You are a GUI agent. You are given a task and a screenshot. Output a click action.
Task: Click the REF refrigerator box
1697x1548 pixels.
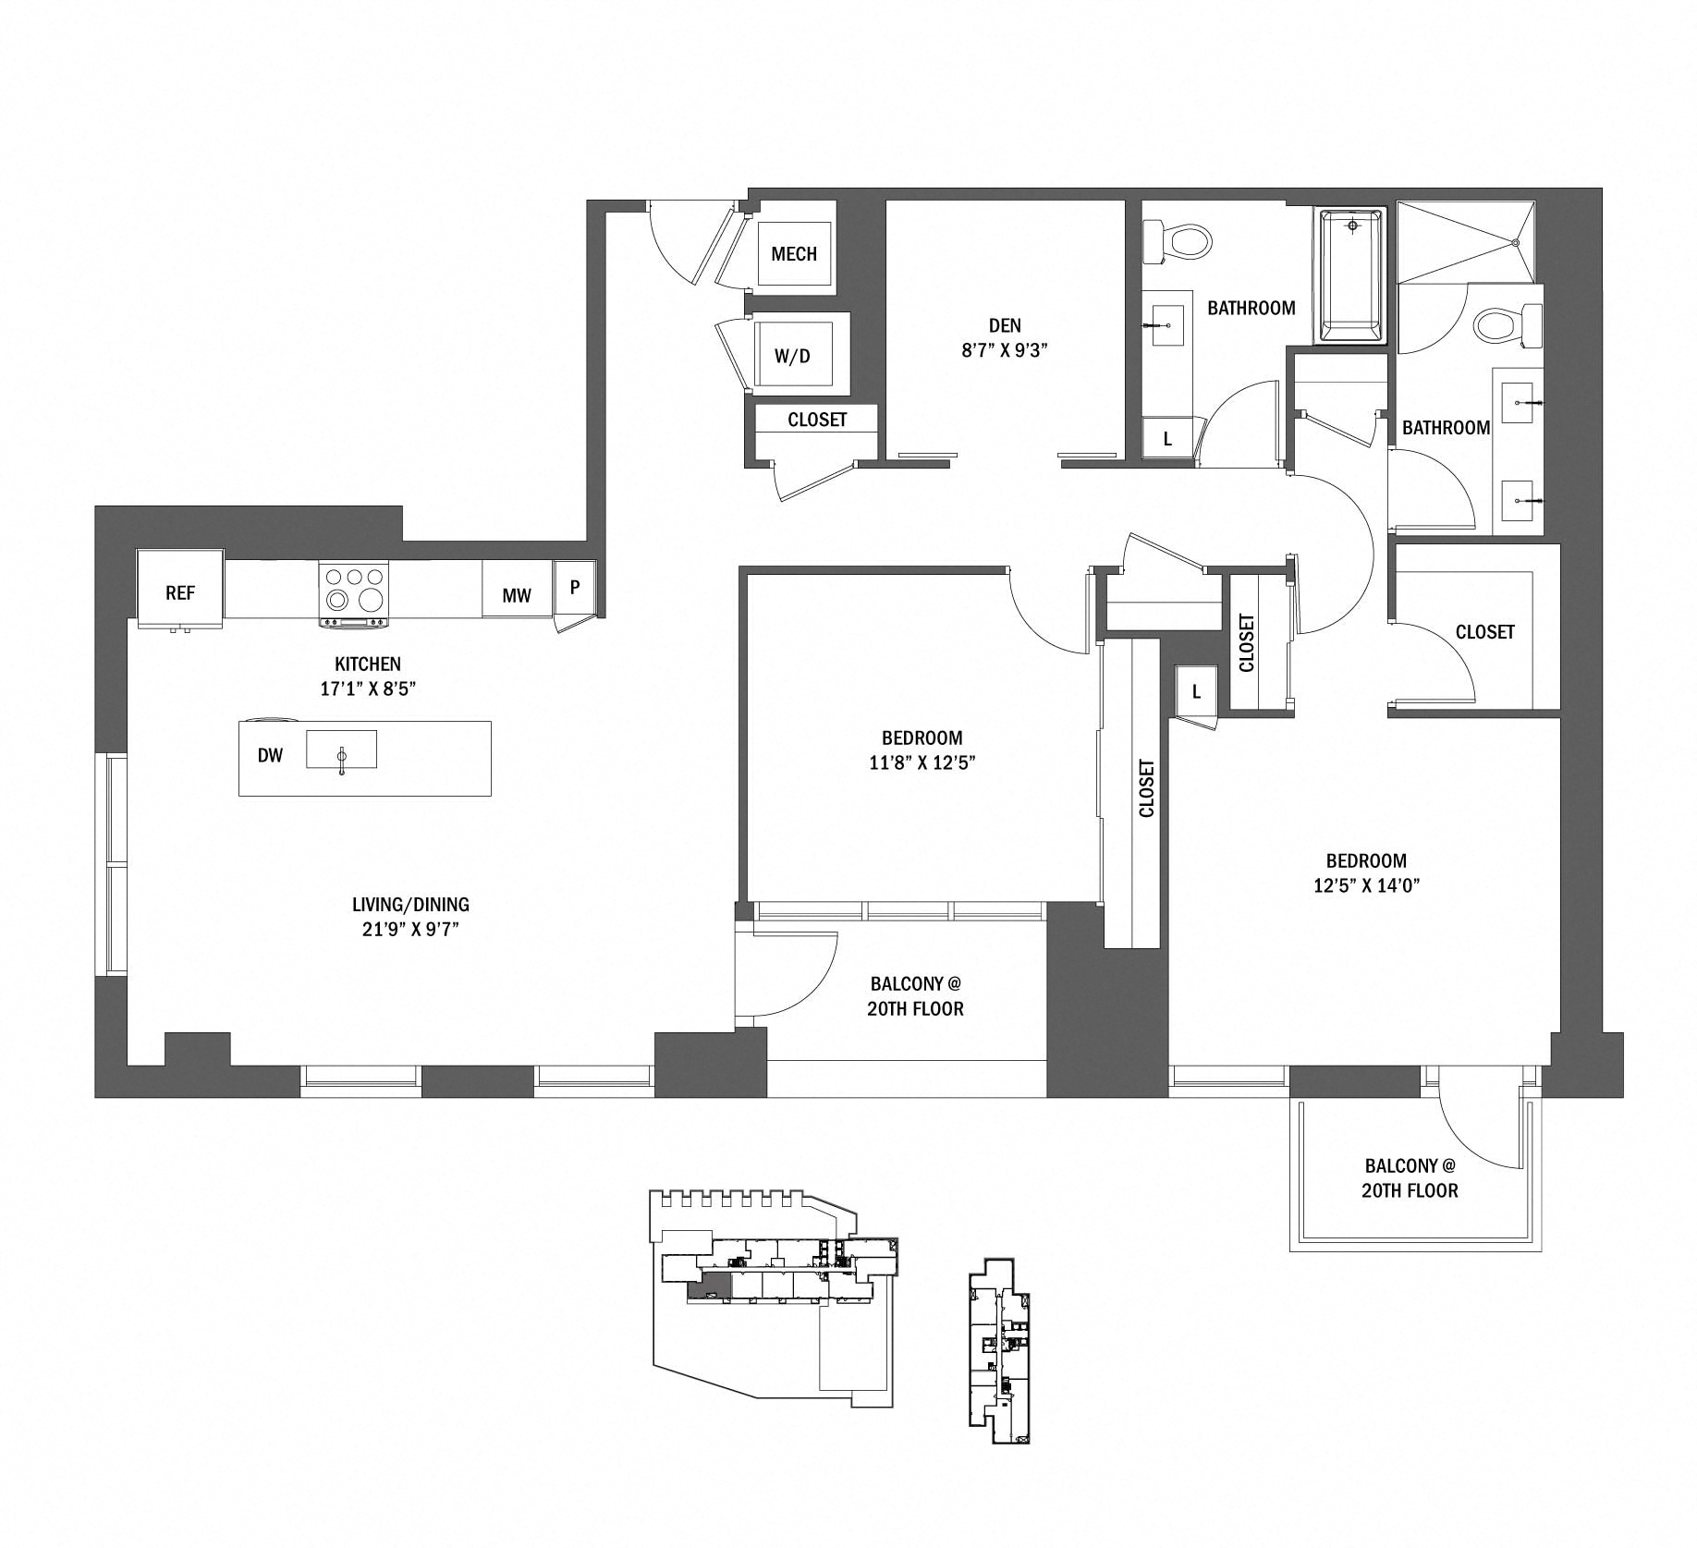coord(179,591)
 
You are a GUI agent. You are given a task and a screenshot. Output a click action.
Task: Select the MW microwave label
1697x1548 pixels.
coord(516,595)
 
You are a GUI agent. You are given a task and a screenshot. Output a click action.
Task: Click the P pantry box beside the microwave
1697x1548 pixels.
coord(574,587)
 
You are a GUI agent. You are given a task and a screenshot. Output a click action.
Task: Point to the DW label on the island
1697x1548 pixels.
coord(270,755)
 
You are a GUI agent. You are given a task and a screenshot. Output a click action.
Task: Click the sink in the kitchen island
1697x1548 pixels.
coord(341,750)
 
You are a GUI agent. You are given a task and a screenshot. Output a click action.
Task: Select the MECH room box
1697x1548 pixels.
coord(793,253)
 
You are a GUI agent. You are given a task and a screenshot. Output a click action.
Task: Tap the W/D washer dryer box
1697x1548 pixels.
coord(792,356)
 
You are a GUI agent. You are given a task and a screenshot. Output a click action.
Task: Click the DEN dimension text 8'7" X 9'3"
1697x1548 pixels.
coord(1004,350)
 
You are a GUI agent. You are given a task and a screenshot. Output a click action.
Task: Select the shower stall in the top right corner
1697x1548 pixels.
coord(1467,242)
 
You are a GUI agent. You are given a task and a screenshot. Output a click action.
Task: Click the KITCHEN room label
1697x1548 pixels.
coord(367,664)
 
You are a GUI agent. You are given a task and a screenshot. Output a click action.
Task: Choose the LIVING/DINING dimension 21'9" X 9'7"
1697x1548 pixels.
coord(410,930)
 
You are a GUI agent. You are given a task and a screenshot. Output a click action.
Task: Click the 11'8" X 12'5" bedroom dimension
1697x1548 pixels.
coord(922,762)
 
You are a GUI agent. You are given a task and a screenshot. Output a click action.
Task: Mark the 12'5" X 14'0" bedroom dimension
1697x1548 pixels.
coord(1365,884)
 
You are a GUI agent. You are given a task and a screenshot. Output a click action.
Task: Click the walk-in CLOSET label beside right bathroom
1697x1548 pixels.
coord(1484,632)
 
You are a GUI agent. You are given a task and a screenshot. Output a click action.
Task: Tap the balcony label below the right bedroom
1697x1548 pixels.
coord(1409,1177)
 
